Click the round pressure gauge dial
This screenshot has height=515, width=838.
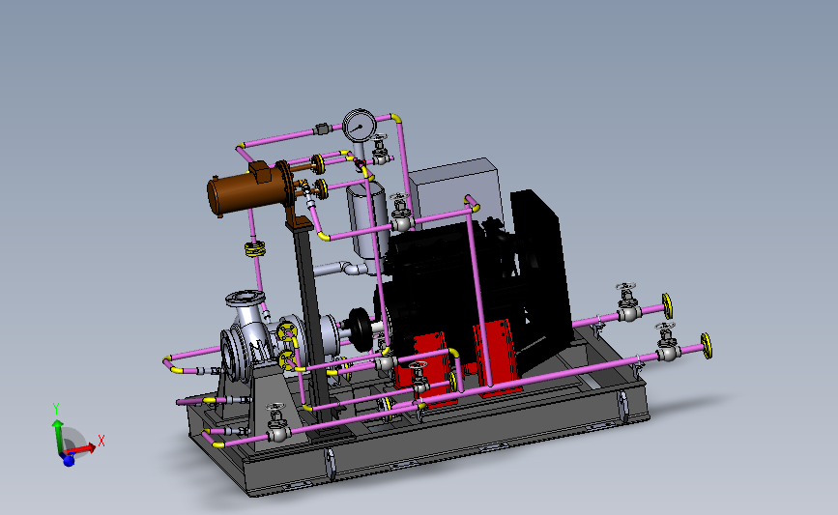tap(360, 126)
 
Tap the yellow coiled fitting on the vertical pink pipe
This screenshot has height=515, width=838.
tap(255, 248)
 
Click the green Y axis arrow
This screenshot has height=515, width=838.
tap(57, 436)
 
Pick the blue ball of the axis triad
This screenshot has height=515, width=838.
tap(69, 460)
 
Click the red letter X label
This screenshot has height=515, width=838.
tap(101, 441)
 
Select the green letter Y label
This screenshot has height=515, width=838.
tap(56, 409)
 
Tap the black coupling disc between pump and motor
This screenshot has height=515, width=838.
tap(361, 329)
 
